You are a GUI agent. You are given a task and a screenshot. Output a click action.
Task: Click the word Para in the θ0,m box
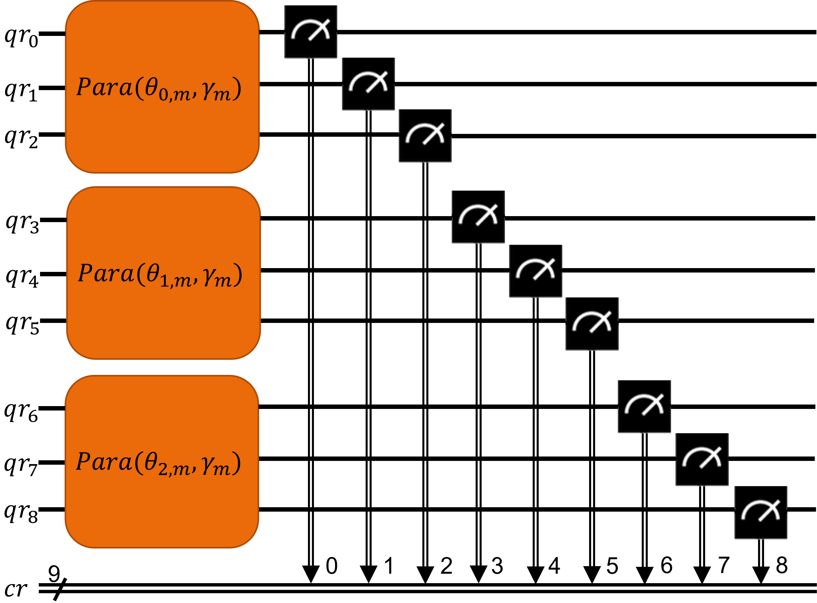[104, 88]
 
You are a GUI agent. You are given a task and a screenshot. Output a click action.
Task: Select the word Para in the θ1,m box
[106, 273]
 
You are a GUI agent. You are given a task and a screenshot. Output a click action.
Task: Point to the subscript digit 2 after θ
[163, 469]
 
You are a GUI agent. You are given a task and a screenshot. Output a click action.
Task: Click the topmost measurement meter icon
[310, 32]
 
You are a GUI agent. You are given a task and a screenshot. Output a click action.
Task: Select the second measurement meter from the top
[368, 83]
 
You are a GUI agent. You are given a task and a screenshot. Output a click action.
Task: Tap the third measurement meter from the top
[425, 136]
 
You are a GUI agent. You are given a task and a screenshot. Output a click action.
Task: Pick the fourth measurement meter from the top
[478, 217]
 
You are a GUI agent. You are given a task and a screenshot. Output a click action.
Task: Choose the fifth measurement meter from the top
[536, 271]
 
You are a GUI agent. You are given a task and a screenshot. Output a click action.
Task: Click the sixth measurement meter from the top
[592, 324]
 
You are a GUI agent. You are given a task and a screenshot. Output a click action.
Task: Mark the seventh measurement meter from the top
[644, 407]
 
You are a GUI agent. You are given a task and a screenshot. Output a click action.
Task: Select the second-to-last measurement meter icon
[702, 460]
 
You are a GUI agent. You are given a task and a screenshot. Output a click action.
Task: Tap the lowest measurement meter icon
[761, 513]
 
